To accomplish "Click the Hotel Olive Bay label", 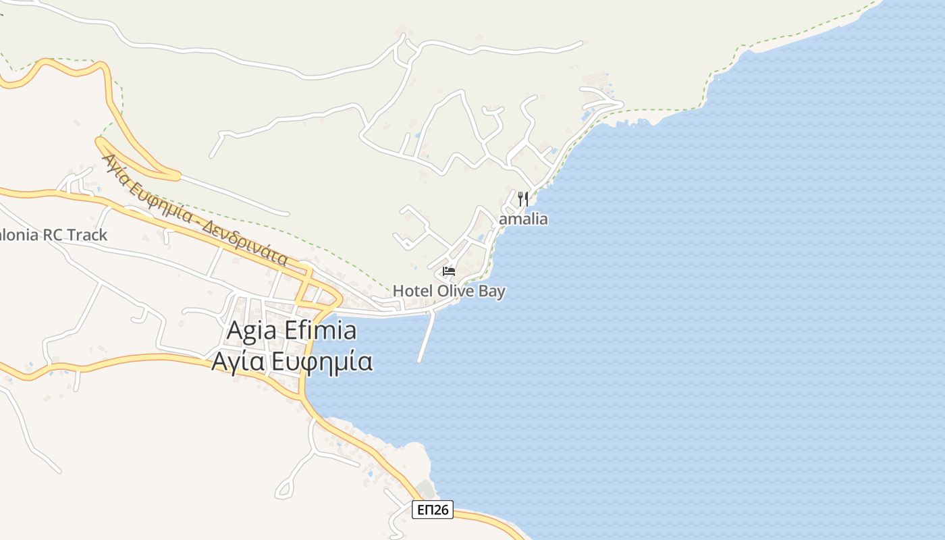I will click(x=449, y=291).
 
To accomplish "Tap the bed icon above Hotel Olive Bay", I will click(x=448, y=272).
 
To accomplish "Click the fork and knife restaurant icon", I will click(x=522, y=199).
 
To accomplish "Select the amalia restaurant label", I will click(x=523, y=219).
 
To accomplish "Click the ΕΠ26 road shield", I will click(x=433, y=510).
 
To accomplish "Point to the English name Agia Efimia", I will click(x=291, y=331).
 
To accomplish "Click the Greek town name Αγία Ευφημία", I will click(x=292, y=362).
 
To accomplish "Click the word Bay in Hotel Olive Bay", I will click(x=491, y=291).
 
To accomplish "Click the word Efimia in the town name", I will click(x=321, y=331).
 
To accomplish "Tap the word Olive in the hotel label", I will click(x=456, y=291).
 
